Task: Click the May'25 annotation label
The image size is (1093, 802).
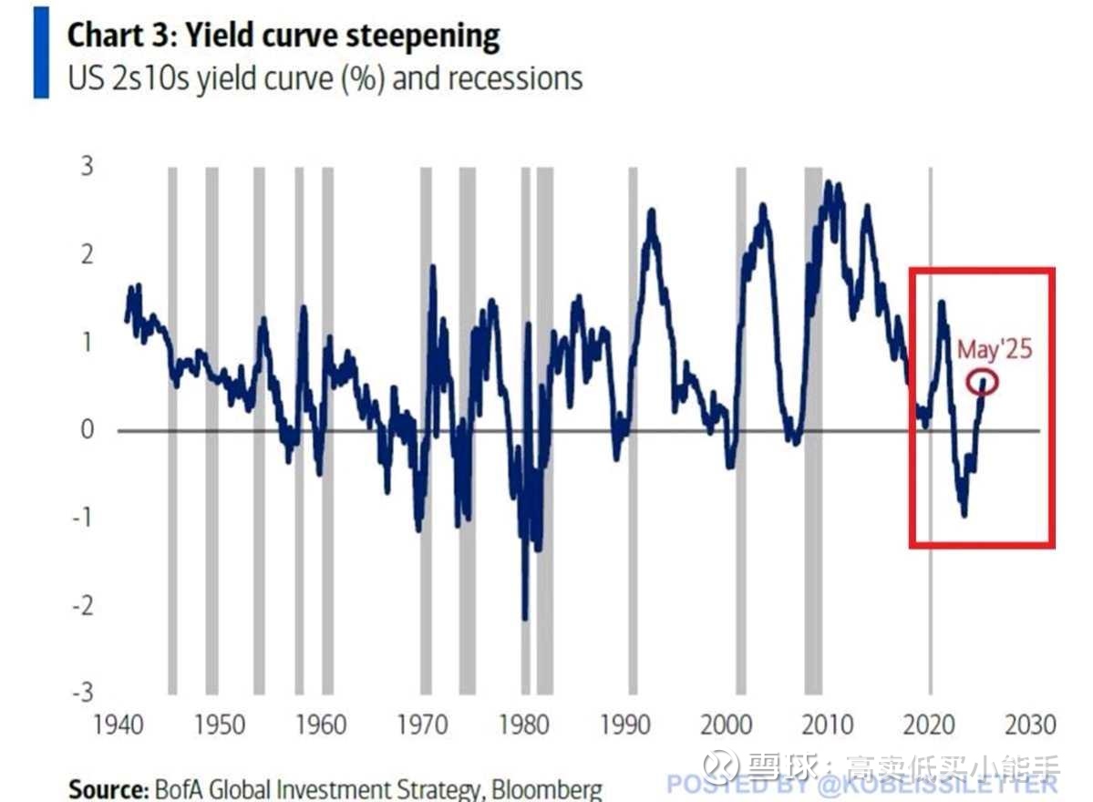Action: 995,349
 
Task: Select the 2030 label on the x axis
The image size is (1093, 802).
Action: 1030,725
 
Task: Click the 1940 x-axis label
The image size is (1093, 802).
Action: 119,725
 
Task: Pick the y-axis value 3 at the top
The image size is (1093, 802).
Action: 88,167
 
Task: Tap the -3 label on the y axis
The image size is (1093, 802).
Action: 83,692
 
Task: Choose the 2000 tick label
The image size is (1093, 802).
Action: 727,725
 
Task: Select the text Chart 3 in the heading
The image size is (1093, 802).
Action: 114,36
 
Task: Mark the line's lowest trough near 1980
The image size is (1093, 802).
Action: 525,619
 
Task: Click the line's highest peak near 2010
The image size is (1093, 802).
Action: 828,183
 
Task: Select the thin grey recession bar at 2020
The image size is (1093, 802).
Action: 930,428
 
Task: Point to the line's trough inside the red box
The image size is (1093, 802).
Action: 964,515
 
